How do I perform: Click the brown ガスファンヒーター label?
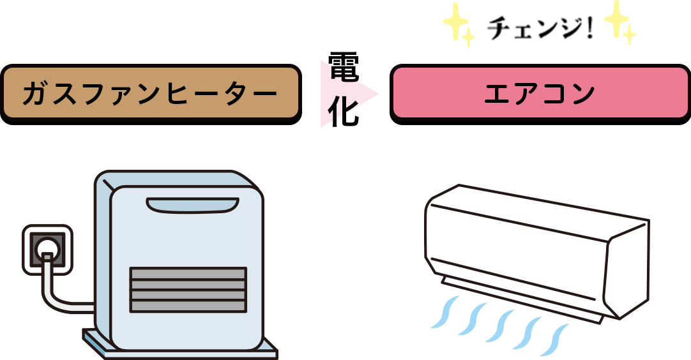(x=151, y=94)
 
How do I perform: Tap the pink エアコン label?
(x=540, y=94)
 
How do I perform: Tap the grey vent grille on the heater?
(x=188, y=289)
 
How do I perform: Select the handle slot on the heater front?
(x=192, y=205)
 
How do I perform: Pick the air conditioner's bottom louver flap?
(x=520, y=300)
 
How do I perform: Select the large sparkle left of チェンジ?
(x=455, y=20)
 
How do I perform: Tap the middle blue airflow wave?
(x=498, y=326)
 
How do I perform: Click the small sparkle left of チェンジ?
(x=469, y=38)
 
